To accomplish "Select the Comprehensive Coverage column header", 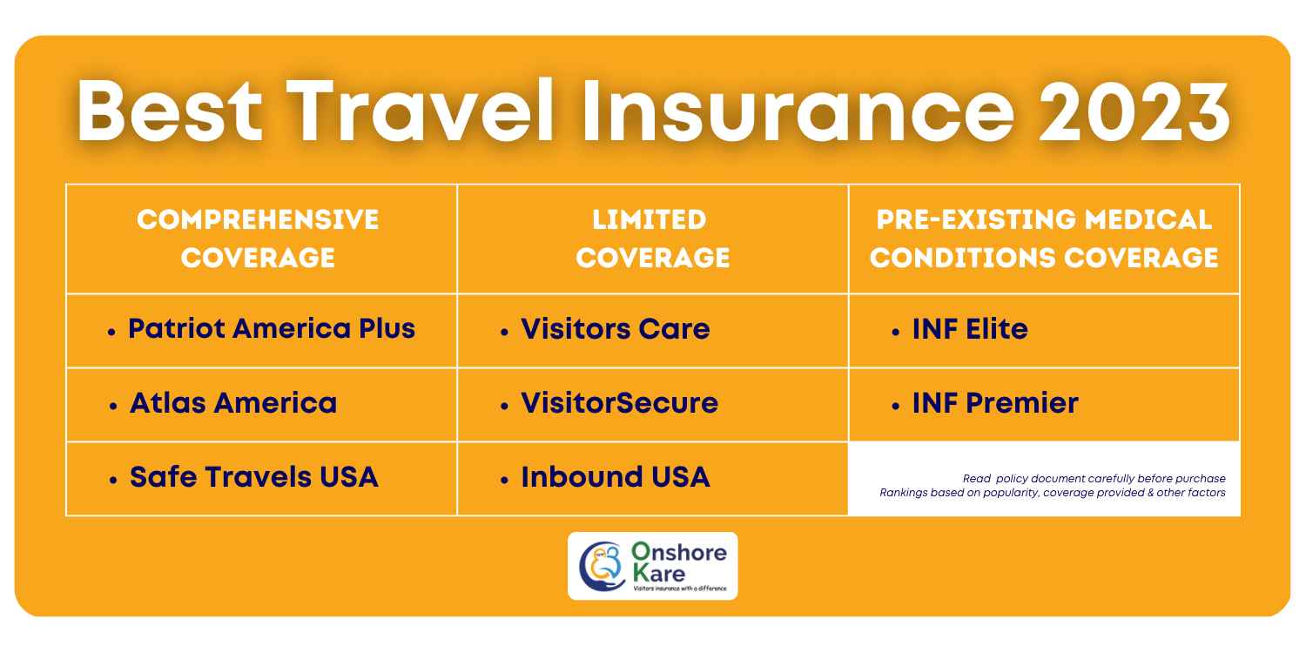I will tap(259, 238).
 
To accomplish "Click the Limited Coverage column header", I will tap(652, 238).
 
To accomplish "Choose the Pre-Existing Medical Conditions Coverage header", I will tap(1044, 238).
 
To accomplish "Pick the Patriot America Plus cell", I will tap(271, 329).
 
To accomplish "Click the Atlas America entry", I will tap(232, 403).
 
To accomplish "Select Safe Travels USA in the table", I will tap(253, 477).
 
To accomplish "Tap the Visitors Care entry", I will tap(615, 329).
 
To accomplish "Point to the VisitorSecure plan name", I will tap(619, 403).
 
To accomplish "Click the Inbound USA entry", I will tap(615, 477).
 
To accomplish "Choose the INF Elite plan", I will tap(970, 329).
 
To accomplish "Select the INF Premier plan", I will tap(995, 403).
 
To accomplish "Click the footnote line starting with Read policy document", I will tap(1094, 479).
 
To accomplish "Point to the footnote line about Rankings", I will tap(1052, 493).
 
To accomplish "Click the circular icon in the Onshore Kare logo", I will tap(602, 566).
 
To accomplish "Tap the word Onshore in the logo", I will tap(677, 553).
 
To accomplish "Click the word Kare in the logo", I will tap(659, 574).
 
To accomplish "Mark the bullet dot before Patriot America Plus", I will tap(111, 332).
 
